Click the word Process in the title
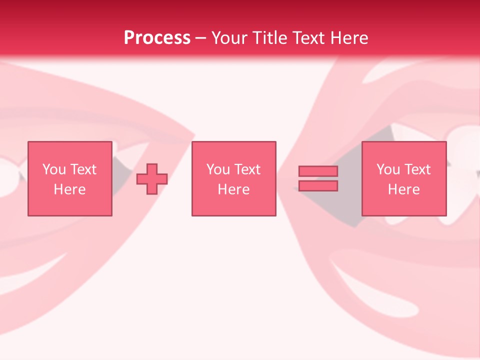tap(157, 37)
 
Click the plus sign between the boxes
tap(152, 179)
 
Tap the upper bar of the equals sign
tap(318, 171)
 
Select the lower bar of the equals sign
tap(318, 186)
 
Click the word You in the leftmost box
tap(54, 169)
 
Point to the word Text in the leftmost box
tap(82, 169)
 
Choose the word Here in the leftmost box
tap(69, 189)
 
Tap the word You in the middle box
tap(218, 169)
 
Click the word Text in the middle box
tap(246, 169)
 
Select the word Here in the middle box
tap(233, 189)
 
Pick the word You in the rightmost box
tap(388, 169)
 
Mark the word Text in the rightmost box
tap(416, 169)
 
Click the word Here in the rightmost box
tap(403, 189)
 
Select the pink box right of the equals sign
tap(404, 205)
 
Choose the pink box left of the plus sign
tap(69, 205)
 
